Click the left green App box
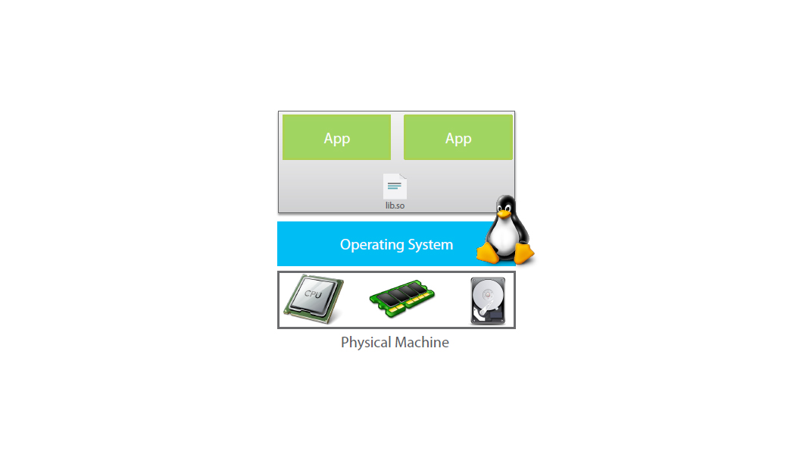[336, 137]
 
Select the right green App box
[458, 137]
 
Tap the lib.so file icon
[395, 187]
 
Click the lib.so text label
[395, 206]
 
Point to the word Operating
[370, 245]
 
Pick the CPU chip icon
[314, 299]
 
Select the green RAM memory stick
[402, 298]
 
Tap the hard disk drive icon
[488, 301]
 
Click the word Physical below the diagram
[367, 343]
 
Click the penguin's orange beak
[504, 213]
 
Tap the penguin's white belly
[504, 236]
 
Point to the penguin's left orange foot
[488, 253]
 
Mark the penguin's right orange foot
[523, 253]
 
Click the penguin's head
[505, 207]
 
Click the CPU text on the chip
[313, 294]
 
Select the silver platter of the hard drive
[487, 296]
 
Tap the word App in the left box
[337, 139]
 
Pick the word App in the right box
[458, 139]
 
